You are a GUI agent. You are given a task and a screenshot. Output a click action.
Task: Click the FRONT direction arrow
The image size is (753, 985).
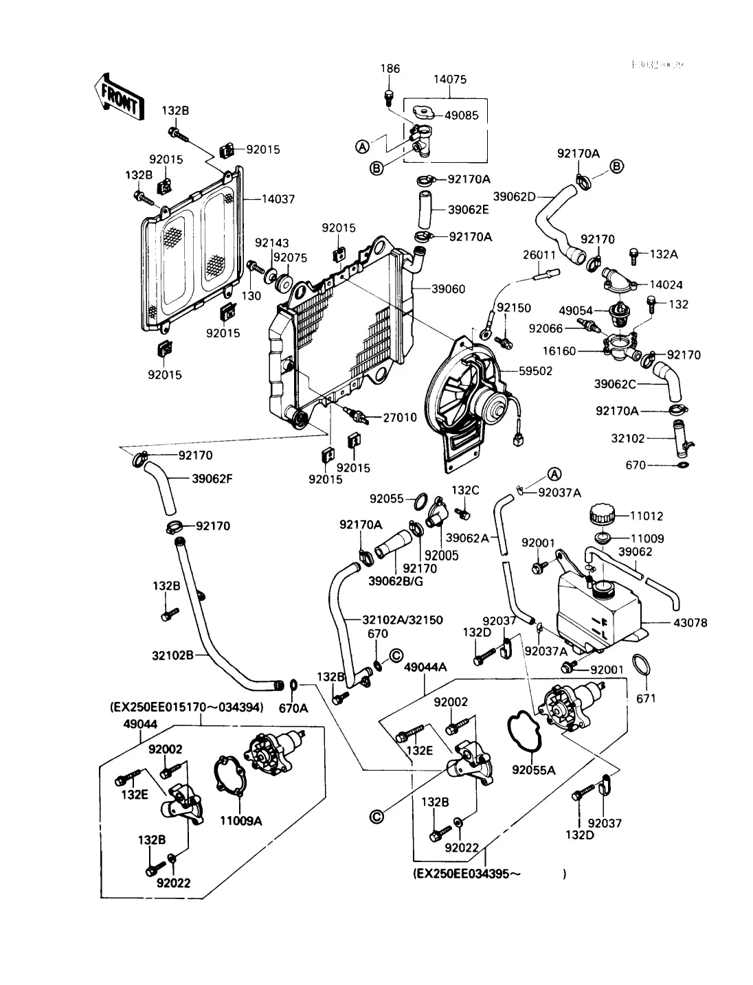[117, 97]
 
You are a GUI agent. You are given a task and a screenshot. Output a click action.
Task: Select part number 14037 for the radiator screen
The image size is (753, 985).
[278, 199]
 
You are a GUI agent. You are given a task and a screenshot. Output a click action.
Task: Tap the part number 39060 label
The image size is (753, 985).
[448, 288]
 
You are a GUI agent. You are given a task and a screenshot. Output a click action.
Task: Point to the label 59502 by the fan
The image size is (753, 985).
[535, 371]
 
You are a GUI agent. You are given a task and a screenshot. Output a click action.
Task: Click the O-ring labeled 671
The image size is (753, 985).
[640, 666]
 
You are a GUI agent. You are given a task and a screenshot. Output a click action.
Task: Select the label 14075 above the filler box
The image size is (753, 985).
[449, 80]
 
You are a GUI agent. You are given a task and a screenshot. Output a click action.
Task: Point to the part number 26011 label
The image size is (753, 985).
[539, 255]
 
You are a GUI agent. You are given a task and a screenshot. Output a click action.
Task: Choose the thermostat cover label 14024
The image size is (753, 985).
[666, 284]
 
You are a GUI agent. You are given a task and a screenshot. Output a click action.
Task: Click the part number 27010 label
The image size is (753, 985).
[400, 417]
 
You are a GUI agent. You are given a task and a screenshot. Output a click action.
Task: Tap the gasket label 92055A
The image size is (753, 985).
[533, 771]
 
